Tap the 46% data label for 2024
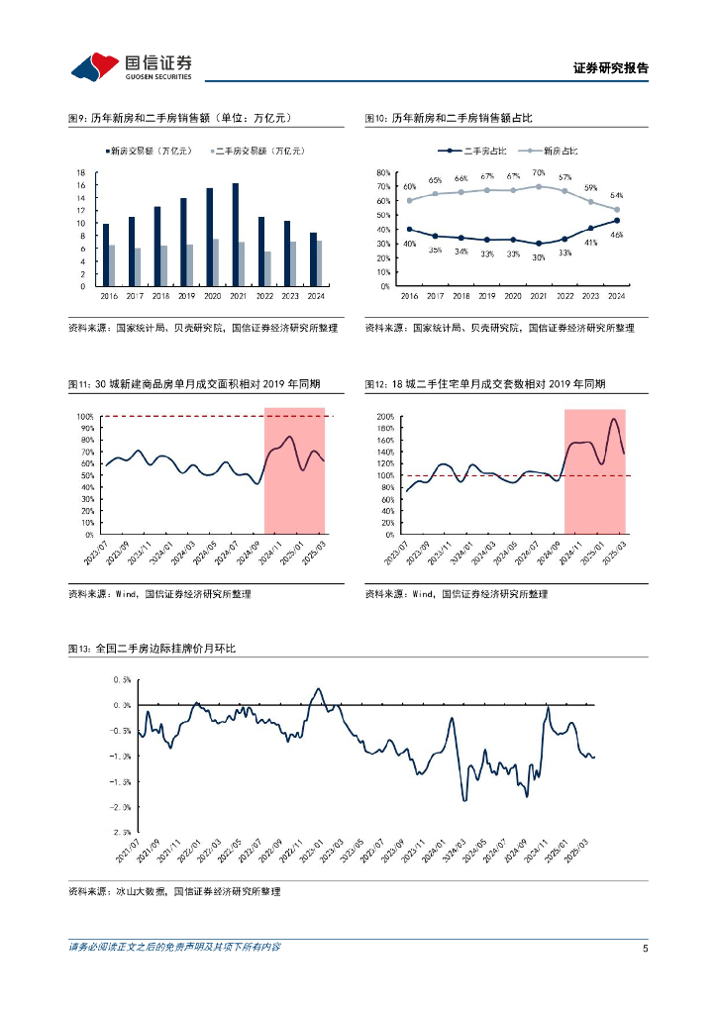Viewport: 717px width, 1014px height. click(616, 234)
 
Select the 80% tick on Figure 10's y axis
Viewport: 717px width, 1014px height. click(384, 173)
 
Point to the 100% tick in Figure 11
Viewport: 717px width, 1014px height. click(84, 417)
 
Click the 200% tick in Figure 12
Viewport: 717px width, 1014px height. click(384, 417)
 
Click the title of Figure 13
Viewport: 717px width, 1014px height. click(152, 649)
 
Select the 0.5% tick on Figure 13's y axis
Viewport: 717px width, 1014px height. click(122, 679)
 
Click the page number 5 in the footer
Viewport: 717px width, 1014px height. click(645, 948)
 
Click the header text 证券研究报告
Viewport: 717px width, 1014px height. click(610, 68)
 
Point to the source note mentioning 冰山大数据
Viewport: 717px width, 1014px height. click(173, 892)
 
